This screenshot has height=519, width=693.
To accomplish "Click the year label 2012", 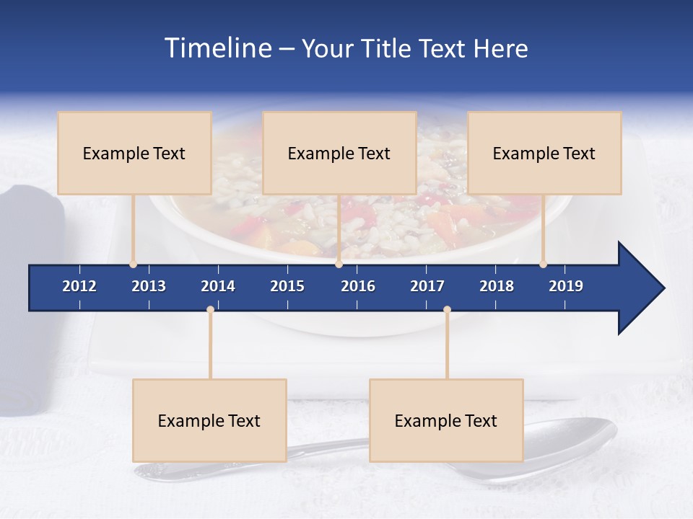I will [x=79, y=286].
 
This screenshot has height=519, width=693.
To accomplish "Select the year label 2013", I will [x=149, y=286].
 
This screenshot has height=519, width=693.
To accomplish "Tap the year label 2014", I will [x=218, y=286].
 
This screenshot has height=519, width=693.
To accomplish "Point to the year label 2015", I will [x=287, y=286].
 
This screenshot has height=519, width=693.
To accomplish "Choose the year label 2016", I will [x=358, y=286].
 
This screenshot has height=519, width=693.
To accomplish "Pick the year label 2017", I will [x=427, y=286].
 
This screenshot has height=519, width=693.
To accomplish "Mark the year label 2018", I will [x=497, y=286].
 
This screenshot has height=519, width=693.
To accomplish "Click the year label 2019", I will [x=566, y=286].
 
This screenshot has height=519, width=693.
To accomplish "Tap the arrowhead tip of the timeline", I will [x=662, y=288].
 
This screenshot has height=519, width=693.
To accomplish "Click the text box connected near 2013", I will [x=134, y=153].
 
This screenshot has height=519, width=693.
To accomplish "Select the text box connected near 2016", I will [x=339, y=153].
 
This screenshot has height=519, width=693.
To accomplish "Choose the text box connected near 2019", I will [x=544, y=153].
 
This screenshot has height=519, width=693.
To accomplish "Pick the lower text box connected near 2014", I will [x=209, y=420].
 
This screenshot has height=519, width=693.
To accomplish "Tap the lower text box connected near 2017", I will [x=446, y=420].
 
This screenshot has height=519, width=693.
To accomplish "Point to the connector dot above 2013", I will [x=133, y=265].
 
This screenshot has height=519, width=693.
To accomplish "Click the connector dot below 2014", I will [x=210, y=310].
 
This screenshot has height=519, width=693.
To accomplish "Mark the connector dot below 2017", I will [x=447, y=310].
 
